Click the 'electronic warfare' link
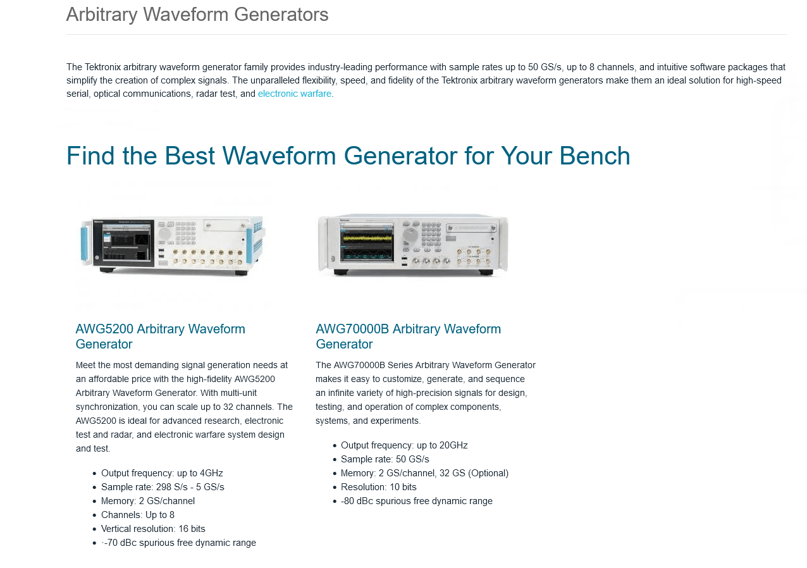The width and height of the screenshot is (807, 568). (294, 94)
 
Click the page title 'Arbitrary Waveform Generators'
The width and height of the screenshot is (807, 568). (197, 15)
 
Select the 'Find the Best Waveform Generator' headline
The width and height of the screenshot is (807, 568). (348, 156)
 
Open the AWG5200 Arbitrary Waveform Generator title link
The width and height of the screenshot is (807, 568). (160, 336)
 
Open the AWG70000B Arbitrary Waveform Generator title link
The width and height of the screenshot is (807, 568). (408, 336)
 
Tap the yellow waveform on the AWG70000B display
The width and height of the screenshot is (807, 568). (367, 238)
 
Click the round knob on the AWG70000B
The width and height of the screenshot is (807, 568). (410, 235)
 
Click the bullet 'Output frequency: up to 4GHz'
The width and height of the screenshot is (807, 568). (162, 473)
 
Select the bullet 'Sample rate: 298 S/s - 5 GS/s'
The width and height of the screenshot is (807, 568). (163, 487)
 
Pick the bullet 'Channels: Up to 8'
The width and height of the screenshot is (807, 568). (138, 515)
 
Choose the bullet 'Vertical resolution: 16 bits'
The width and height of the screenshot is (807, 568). (153, 529)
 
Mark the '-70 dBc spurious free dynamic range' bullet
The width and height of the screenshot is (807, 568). (178, 543)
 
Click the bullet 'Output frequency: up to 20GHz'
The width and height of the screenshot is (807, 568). (404, 445)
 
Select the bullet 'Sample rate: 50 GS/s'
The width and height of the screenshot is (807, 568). (385, 459)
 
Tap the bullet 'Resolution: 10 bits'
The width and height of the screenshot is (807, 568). (379, 487)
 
